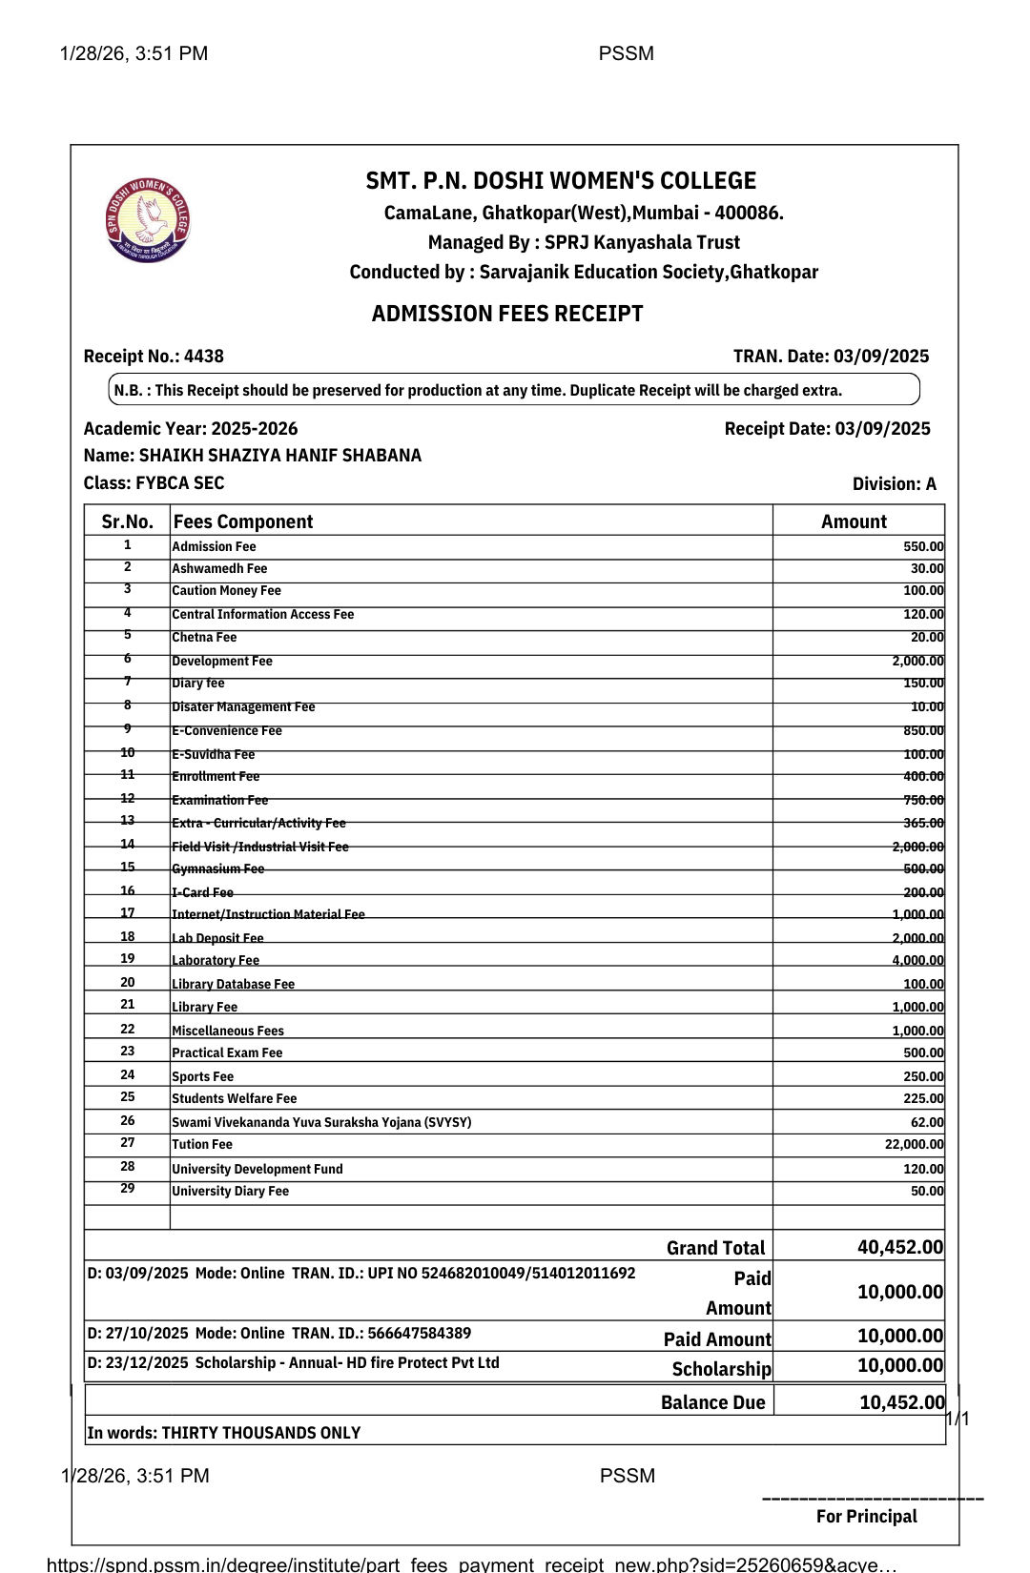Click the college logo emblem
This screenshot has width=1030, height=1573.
click(x=148, y=220)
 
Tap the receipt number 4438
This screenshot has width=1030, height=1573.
click(x=204, y=357)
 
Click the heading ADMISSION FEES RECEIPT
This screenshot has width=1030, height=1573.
click(x=507, y=314)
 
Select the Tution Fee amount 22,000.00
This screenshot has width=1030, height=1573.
click(x=914, y=1145)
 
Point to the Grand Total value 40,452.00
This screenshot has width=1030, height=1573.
click(x=899, y=1247)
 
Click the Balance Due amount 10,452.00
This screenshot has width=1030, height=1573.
click(x=901, y=1402)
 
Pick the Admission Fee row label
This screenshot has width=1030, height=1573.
click(x=214, y=547)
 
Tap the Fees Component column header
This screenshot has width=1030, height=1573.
click(x=243, y=521)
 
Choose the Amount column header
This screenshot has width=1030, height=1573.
click(x=854, y=521)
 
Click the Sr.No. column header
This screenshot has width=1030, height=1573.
click(x=127, y=521)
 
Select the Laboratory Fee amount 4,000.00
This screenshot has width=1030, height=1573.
click(x=917, y=961)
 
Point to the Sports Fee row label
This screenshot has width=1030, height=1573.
click(x=202, y=1076)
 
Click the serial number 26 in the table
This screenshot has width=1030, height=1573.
click(x=128, y=1121)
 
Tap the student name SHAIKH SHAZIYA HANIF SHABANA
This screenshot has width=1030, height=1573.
click(x=279, y=456)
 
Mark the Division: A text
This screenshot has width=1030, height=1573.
click(x=894, y=484)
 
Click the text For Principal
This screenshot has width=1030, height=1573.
click(x=866, y=1517)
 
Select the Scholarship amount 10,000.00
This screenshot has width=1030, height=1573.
click(x=899, y=1365)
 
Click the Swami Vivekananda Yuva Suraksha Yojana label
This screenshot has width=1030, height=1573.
click(x=321, y=1122)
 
